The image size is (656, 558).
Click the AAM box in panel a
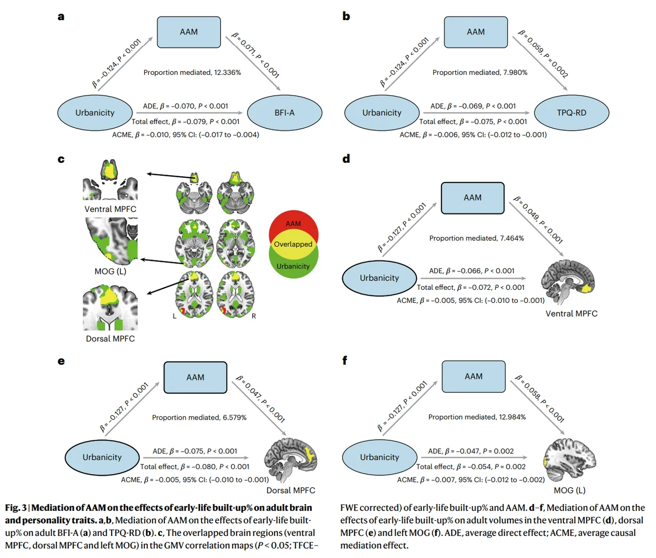pos(189,32)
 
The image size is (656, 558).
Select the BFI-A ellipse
pos(285,113)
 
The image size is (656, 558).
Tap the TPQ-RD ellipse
pos(572,113)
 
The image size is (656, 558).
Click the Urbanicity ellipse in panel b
pos(382,113)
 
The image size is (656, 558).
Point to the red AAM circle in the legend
pos(293,221)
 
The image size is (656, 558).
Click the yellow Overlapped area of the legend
pos(293,244)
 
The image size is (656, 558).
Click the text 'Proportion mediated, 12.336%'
pos(192,73)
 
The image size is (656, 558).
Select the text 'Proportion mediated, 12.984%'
pos(477,417)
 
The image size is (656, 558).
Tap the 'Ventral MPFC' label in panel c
pos(110,209)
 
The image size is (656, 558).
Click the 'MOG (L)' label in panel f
pos(570,490)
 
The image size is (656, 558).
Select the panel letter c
pos(61,159)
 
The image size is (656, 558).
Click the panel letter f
pos(345,360)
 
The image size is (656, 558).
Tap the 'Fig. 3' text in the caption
pos(16,507)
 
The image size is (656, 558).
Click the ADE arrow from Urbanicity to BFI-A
pos(190,113)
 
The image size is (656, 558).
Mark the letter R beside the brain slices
pos(254,316)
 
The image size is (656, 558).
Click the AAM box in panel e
pos(195,378)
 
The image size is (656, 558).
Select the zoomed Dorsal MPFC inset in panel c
pos(111,307)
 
